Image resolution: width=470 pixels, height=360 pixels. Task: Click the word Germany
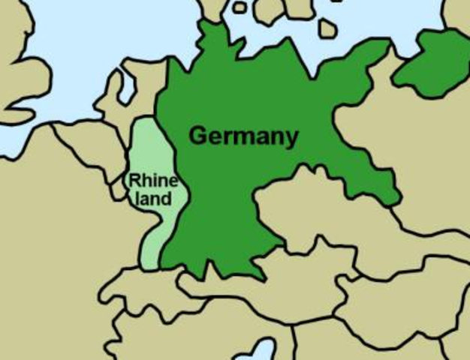(x=243, y=136)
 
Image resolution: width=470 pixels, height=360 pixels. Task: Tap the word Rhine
(x=153, y=181)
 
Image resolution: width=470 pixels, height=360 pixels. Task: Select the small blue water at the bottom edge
(x=264, y=350)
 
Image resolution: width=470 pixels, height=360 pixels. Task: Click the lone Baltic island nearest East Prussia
(x=327, y=28)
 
